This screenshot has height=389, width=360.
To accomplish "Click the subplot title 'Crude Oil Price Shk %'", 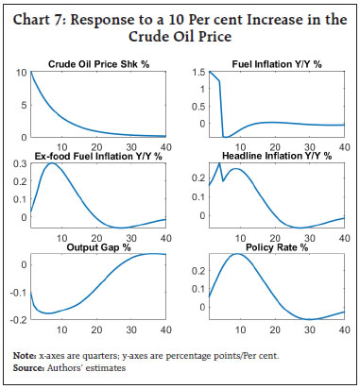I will (x=101, y=64).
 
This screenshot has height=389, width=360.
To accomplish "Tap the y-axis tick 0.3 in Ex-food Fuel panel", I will (x=20, y=163).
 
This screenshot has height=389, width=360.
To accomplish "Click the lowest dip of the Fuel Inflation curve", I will (x=222, y=137).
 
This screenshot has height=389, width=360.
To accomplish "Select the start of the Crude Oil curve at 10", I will (x=32, y=73).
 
